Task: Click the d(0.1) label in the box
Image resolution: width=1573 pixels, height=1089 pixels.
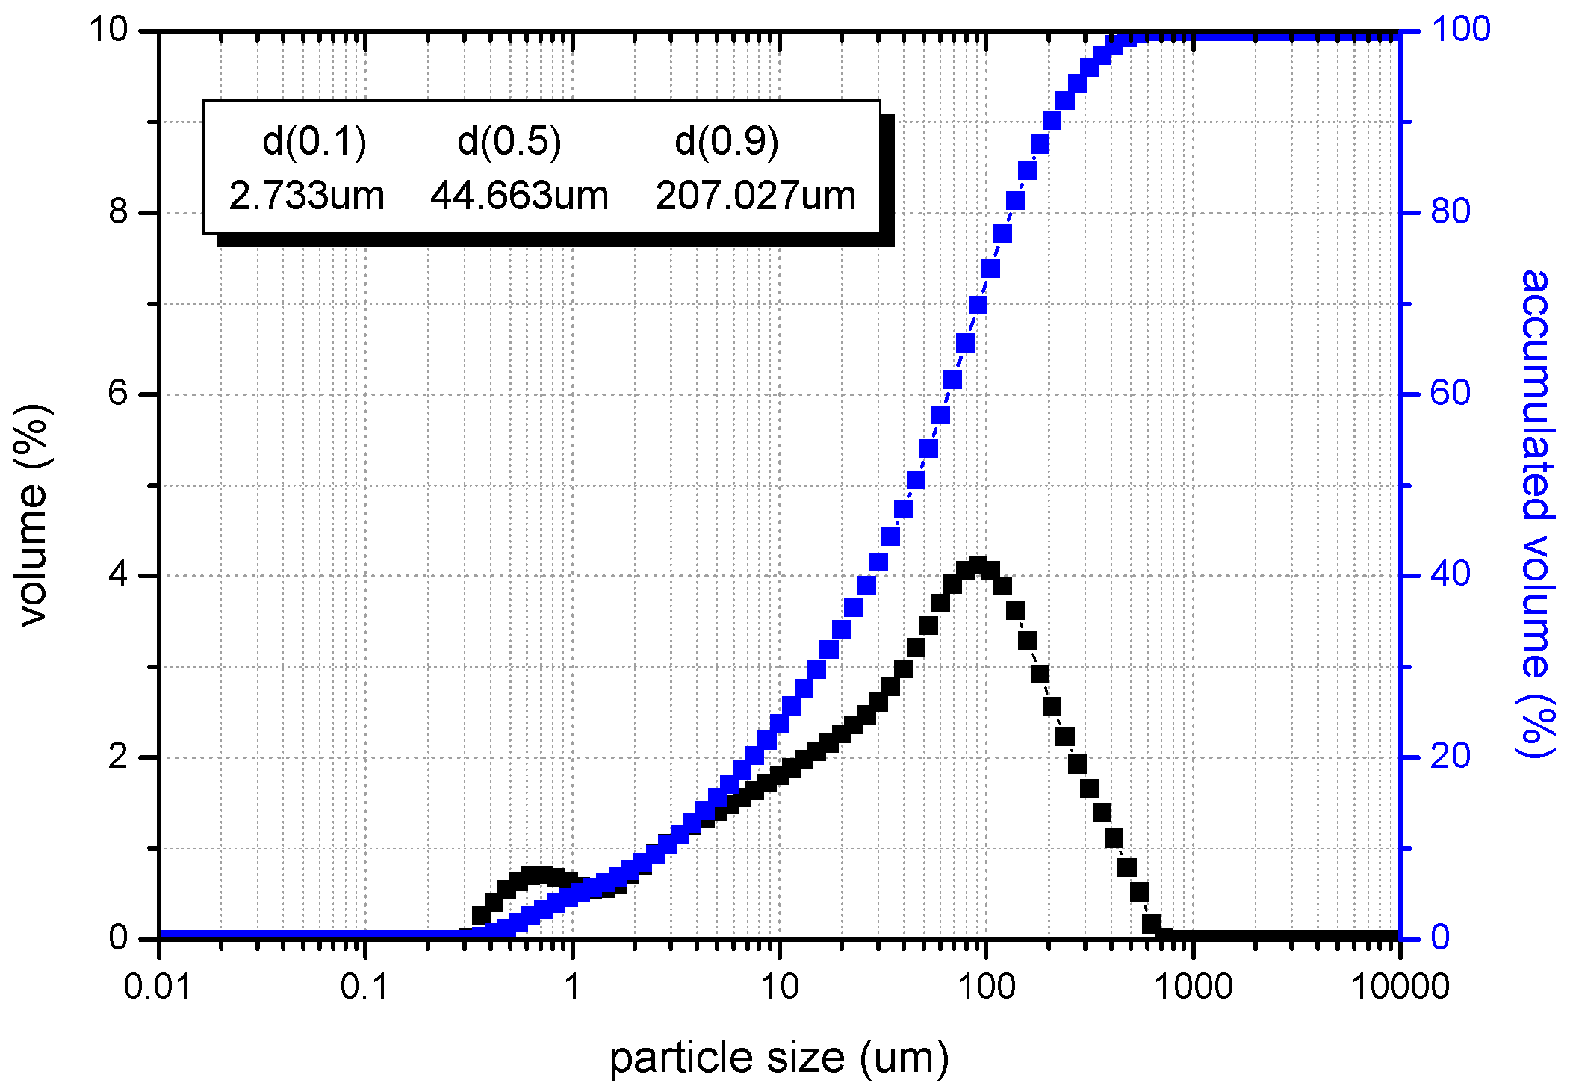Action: pyautogui.click(x=314, y=141)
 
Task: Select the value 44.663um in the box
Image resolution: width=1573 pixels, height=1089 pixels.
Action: pyautogui.click(x=519, y=196)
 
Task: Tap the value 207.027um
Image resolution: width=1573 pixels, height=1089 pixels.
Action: pyautogui.click(x=755, y=196)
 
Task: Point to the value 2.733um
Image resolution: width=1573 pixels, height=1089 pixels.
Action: pyautogui.click(x=306, y=196)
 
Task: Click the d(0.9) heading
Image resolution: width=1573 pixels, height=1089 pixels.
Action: pyautogui.click(x=726, y=141)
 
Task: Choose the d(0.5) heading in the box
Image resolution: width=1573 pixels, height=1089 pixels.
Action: pyautogui.click(x=509, y=141)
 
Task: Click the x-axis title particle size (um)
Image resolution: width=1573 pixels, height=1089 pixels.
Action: pyautogui.click(x=779, y=1059)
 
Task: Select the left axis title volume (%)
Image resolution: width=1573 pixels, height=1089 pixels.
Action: pyautogui.click(x=33, y=515)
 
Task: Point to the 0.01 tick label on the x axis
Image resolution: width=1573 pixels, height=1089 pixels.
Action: pyautogui.click(x=158, y=987)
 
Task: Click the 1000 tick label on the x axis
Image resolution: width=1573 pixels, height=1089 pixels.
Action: pyautogui.click(x=1193, y=987)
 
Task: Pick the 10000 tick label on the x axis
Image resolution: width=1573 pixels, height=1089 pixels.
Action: pyautogui.click(x=1400, y=987)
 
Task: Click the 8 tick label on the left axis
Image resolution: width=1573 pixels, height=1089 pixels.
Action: pyautogui.click(x=119, y=212)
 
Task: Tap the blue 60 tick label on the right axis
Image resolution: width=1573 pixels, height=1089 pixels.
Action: pyautogui.click(x=1450, y=394)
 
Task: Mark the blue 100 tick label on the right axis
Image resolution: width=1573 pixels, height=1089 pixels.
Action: pyautogui.click(x=1460, y=30)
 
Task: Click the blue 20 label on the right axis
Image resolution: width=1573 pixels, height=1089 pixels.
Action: pyautogui.click(x=1450, y=757)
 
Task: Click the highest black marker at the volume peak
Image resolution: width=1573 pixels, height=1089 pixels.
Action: pyautogui.click(x=978, y=565)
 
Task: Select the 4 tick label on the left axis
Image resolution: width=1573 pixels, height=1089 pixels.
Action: pyautogui.click(x=119, y=575)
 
